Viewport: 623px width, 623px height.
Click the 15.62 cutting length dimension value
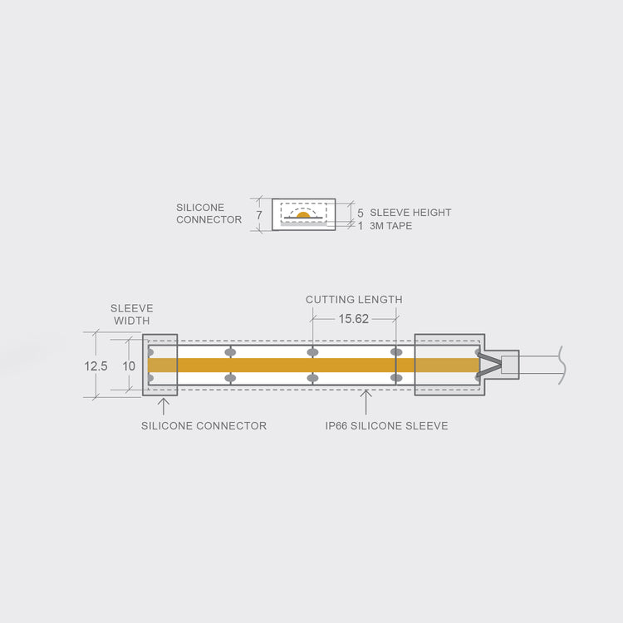[x=353, y=319]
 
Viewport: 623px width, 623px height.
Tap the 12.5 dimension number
[x=96, y=366]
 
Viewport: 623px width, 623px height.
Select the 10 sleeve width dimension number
[x=129, y=366]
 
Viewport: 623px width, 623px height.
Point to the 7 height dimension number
[x=259, y=215]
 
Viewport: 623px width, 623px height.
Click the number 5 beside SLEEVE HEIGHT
[x=360, y=213]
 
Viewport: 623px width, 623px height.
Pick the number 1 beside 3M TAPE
[x=361, y=226]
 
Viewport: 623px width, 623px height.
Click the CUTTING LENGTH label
[x=354, y=299]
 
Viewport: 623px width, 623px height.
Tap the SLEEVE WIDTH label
[x=131, y=314]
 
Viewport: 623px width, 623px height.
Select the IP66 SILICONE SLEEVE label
[x=386, y=425]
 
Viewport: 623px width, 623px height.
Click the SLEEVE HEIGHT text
[x=410, y=213]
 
